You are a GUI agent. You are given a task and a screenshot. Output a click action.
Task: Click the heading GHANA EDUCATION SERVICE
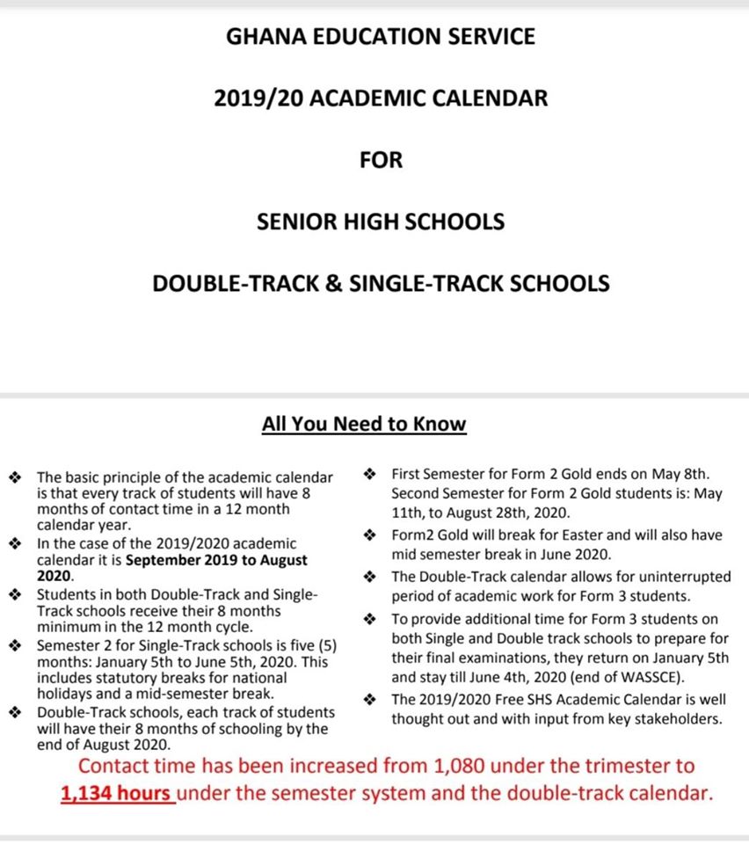[x=380, y=37]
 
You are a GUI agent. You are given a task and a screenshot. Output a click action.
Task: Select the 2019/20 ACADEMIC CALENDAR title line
[x=380, y=98]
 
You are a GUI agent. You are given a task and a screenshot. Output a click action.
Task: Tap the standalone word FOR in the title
[x=380, y=160]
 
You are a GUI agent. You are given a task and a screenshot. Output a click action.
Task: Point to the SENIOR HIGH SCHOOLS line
[x=380, y=222]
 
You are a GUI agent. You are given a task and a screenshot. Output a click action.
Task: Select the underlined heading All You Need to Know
[x=364, y=425]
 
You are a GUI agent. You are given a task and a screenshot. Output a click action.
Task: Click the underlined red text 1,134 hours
[x=116, y=793]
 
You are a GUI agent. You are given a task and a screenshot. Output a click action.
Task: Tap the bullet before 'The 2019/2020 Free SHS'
[x=370, y=699]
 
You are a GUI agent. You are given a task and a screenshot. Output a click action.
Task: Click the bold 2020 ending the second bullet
[x=54, y=576]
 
